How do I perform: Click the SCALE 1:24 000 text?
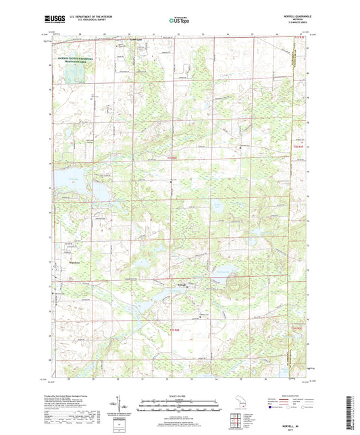point(179,395)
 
